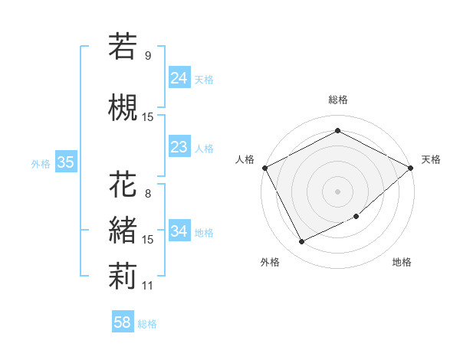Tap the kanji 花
tap(123, 185)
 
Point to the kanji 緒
tap(123, 230)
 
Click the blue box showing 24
tap(179, 78)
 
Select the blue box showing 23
tap(179, 147)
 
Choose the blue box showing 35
tap(65, 162)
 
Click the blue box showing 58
tap(123, 323)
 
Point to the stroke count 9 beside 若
tap(147, 56)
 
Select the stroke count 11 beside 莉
tap(147, 286)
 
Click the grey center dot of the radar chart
tap(337, 191)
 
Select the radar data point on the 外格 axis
tap(301, 242)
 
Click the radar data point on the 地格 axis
tap(357, 216)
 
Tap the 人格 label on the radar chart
tap(245, 159)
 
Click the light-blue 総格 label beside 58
tap(147, 324)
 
